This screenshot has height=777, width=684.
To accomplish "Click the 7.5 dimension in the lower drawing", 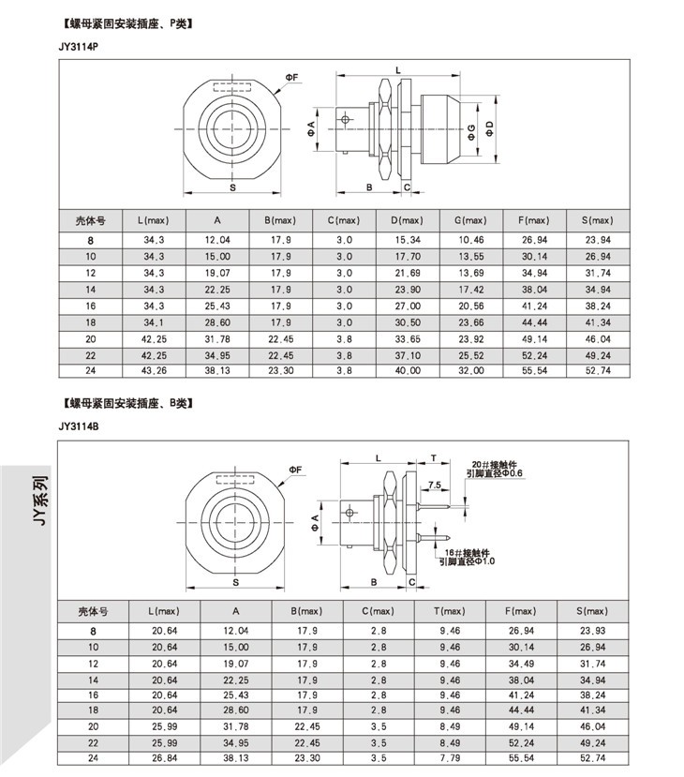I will tap(435, 485).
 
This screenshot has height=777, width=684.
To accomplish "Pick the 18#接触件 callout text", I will tap(468, 552).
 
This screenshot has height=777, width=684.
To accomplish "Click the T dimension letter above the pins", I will tap(434, 458).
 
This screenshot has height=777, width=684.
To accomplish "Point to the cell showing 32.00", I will tap(471, 370).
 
